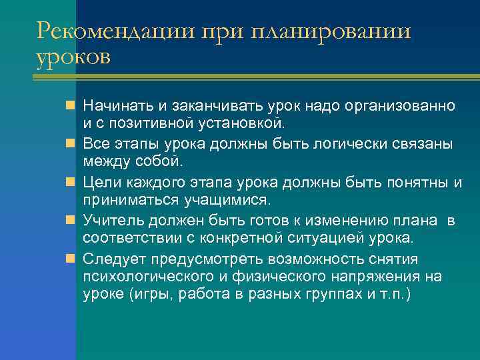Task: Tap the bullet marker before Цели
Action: pos(71,182)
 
